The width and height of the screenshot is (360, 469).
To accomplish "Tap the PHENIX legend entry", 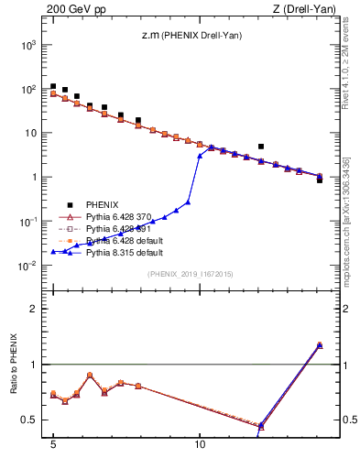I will [103, 205].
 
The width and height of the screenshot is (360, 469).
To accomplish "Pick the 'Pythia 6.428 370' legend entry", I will [121, 217].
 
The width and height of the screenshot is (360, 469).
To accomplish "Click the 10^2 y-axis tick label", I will [27, 89].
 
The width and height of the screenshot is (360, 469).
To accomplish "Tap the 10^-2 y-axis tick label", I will [27, 266].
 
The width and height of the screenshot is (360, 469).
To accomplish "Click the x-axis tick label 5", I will [53, 450].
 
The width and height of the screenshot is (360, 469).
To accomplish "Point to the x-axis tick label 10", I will [200, 450].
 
